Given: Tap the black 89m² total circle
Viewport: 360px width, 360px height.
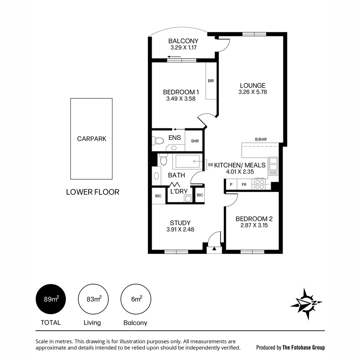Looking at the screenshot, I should click(x=51, y=299).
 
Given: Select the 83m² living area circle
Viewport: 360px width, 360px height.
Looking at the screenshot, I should click(x=93, y=299).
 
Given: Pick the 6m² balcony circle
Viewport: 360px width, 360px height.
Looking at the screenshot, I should click(x=136, y=299).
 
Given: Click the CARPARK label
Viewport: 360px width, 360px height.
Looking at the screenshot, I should click(x=92, y=139).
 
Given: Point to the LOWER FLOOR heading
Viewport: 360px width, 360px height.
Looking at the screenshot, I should click(x=93, y=192).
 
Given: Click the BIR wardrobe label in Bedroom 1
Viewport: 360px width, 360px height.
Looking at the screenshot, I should click(x=211, y=81).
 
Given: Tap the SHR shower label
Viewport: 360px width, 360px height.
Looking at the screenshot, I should click(x=195, y=141).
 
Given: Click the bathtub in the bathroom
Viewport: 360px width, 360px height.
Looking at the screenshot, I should click(x=187, y=161).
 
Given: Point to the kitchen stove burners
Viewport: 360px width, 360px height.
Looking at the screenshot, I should click(x=259, y=184).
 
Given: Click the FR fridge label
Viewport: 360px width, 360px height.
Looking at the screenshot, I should click(x=244, y=184).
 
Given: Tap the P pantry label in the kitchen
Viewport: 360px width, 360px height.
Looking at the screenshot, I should click(x=231, y=184).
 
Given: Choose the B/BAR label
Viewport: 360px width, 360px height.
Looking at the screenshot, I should click(x=260, y=139).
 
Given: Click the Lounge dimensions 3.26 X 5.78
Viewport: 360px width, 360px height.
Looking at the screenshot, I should click(x=253, y=92).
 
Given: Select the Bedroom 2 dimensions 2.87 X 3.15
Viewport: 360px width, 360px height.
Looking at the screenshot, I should click(x=254, y=225).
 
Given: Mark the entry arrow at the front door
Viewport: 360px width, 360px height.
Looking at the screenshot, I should click(x=214, y=248).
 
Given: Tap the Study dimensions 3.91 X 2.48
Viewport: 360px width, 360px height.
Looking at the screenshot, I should click(x=180, y=229).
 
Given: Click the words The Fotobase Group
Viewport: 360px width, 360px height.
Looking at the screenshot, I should click(x=303, y=347).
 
